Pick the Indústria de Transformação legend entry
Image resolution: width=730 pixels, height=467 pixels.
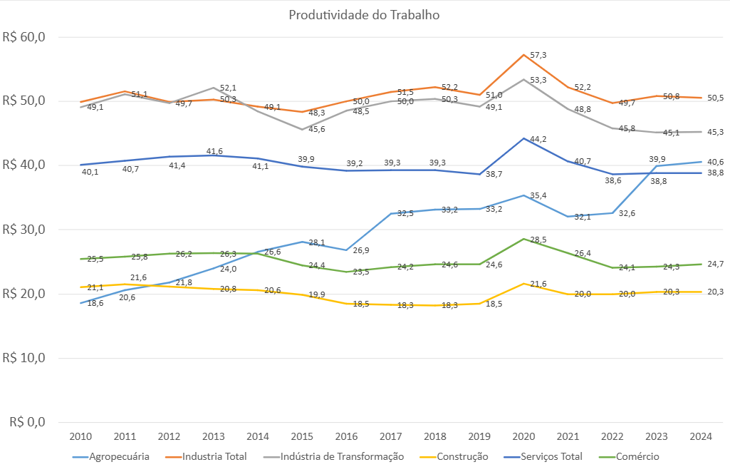pyautogui.click(x=343, y=456)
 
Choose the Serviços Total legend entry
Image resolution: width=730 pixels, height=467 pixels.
pyautogui.click(x=551, y=456)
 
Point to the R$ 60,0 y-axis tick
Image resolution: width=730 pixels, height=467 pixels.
pyautogui.click(x=24, y=37)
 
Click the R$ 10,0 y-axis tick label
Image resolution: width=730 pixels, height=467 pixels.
pyautogui.click(x=24, y=358)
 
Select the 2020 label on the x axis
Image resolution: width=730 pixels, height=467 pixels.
pyautogui.click(x=523, y=436)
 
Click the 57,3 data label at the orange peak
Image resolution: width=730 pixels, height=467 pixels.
pyautogui.click(x=538, y=55)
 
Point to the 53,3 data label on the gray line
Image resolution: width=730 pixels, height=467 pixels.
pyautogui.click(x=538, y=80)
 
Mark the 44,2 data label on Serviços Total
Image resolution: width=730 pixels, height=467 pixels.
pyautogui.click(x=538, y=139)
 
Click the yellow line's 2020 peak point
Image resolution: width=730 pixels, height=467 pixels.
pyautogui.click(x=524, y=284)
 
